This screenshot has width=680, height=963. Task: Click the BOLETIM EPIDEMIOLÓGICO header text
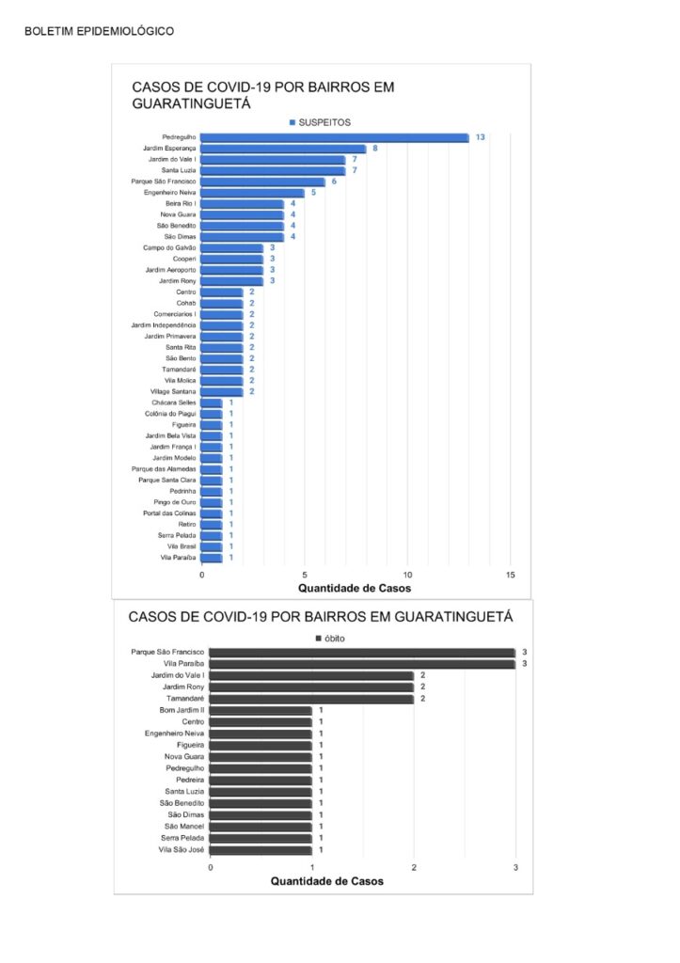[x=99, y=31]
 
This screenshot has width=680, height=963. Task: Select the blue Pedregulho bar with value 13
[x=335, y=137]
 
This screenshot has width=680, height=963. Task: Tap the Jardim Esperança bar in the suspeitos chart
[x=283, y=149]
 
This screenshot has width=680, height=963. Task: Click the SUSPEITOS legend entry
[x=320, y=122]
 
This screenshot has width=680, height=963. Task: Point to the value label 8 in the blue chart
[x=374, y=148]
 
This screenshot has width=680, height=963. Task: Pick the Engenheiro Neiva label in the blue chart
[x=169, y=192]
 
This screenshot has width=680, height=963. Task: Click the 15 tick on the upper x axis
[x=511, y=575]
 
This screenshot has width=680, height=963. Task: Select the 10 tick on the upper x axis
[x=407, y=575]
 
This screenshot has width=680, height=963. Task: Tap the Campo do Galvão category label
[x=169, y=247]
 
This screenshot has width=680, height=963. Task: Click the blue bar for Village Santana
[x=222, y=392]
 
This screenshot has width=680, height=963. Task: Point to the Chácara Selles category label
[x=174, y=403]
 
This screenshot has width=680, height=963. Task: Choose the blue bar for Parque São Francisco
[x=263, y=182]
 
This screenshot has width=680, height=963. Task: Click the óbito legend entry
[x=330, y=639]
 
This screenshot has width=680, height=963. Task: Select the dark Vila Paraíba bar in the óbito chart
[x=362, y=664]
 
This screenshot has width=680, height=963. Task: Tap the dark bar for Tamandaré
[x=311, y=699]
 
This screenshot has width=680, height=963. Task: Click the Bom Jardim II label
[x=182, y=710]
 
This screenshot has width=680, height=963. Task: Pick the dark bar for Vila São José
[x=261, y=850]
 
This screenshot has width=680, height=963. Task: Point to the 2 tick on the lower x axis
[x=414, y=867]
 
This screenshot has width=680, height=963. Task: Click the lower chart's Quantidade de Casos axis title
[x=326, y=880]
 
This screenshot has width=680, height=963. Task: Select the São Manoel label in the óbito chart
[x=184, y=827]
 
